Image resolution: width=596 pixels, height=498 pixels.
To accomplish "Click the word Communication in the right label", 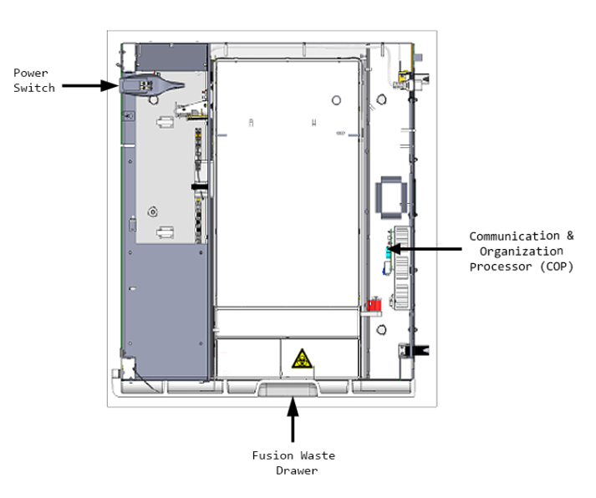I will click(514, 236).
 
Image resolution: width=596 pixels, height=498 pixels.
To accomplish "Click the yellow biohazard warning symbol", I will click(301, 360).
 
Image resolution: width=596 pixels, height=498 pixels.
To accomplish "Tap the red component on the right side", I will click(374, 305).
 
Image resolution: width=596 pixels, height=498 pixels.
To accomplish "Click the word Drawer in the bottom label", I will click(293, 470).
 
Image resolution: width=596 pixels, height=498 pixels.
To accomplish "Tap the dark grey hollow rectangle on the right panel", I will click(392, 194).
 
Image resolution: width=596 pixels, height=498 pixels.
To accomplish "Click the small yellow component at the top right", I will click(403, 78).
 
